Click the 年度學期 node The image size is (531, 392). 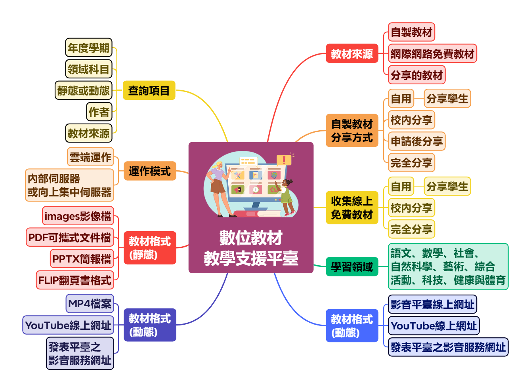pyautogui.click(x=88, y=48)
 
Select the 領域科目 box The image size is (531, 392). pyautogui.click(x=88, y=69)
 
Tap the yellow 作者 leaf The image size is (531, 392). pyautogui.click(x=99, y=112)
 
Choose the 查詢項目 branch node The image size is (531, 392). pyautogui.click(x=149, y=91)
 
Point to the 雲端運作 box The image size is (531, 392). pyautogui.click(x=90, y=157)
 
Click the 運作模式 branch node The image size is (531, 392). pyautogui.click(x=150, y=171)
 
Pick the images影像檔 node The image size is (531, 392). pyautogui.click(x=78, y=216)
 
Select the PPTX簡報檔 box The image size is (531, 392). pyautogui.click(x=82, y=259)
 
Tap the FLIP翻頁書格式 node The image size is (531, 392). pyautogui.click(x=75, y=280)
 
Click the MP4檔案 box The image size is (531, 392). pyautogui.click(x=90, y=304)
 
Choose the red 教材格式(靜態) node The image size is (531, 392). pyautogui.click(x=149, y=247)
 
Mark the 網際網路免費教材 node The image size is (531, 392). pyautogui.click(x=432, y=53)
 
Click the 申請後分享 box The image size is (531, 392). pyautogui.click(x=416, y=141)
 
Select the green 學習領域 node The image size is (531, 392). pyautogui.click(x=352, y=266)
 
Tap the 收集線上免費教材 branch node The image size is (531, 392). pyautogui.click(x=352, y=208)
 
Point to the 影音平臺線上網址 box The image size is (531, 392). pyautogui.click(x=432, y=304)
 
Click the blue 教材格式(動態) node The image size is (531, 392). pyautogui.click(x=352, y=325)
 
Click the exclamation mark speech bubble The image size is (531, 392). pyautogui.click(x=284, y=160)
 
